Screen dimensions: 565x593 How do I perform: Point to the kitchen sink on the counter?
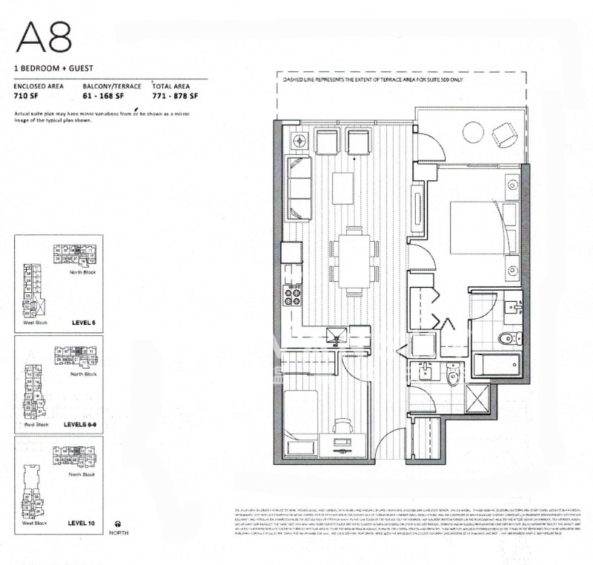[335, 334]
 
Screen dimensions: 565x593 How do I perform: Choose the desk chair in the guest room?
[342, 426]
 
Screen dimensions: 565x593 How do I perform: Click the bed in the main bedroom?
[482, 231]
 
